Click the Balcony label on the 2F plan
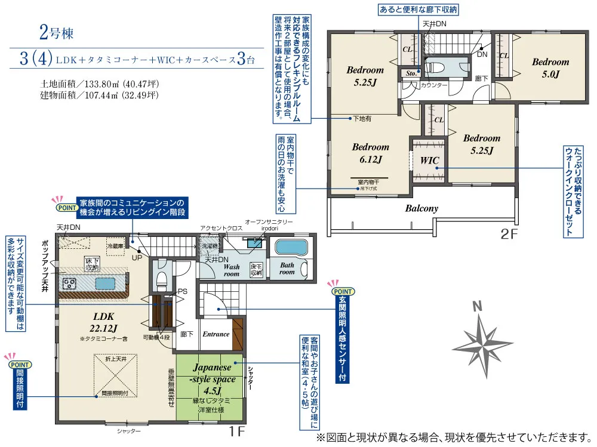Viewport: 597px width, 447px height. click(421, 209)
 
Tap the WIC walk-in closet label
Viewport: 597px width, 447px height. click(429, 161)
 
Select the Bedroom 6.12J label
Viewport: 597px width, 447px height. click(370, 153)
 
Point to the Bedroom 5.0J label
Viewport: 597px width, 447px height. click(550, 67)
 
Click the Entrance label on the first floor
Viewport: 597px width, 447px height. click(216, 334)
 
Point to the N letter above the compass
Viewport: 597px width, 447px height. click(476, 307)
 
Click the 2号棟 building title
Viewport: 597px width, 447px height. click(57, 33)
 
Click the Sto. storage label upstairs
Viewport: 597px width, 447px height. click(411, 73)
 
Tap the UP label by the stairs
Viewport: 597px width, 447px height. click(137, 258)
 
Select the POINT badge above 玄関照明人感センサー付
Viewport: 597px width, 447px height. click(341, 292)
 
